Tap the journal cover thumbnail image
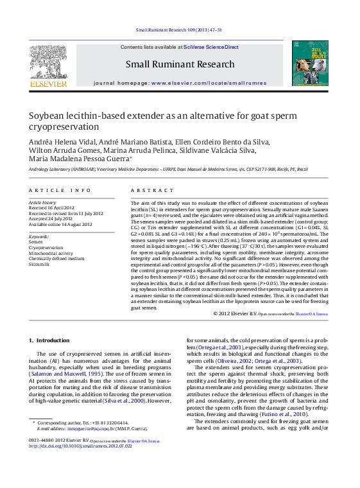tap(311, 64)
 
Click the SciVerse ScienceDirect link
tap(210, 48)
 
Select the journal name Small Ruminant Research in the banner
tap(180, 64)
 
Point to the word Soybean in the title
tap(47, 117)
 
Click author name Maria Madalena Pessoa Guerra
tap(87, 159)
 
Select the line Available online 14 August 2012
tap(61, 224)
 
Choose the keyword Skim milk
tap(39, 264)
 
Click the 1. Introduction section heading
tap(49, 340)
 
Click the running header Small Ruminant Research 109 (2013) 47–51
tap(180, 30)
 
